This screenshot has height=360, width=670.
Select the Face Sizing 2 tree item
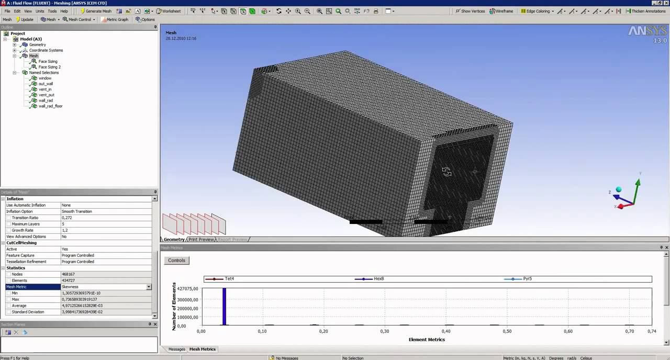[x=49, y=67]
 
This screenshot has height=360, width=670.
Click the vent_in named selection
[x=44, y=89]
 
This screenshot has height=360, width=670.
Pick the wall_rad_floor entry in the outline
[x=50, y=106]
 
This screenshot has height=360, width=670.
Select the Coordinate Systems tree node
[x=46, y=50]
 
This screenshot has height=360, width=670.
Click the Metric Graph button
[x=115, y=19]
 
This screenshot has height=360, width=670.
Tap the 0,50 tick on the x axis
[x=507, y=331]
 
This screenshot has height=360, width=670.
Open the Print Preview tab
[x=201, y=240]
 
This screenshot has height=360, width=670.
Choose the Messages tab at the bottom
[x=176, y=349]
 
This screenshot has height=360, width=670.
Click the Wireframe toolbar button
[x=501, y=11]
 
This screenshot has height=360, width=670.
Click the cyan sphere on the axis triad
[x=619, y=189]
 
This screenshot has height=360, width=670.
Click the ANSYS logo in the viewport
[x=647, y=31]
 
